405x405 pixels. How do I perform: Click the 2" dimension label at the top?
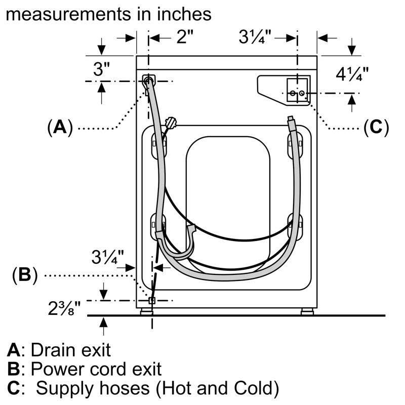(x=185, y=37)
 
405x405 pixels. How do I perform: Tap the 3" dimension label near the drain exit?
(x=102, y=69)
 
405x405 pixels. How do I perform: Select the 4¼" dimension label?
(x=352, y=74)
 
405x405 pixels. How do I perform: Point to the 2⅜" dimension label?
(x=64, y=308)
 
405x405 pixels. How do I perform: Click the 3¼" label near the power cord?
(x=108, y=257)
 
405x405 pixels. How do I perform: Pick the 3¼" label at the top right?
(x=255, y=37)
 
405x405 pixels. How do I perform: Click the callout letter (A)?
(x=60, y=128)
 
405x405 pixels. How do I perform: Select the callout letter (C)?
(x=376, y=128)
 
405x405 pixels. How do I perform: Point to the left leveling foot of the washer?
(x=146, y=312)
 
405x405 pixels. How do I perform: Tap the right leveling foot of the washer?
(x=307, y=312)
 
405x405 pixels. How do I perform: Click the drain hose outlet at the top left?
(x=148, y=80)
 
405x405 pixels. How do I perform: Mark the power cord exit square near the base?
(x=152, y=300)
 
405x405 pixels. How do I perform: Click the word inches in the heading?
(x=184, y=14)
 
